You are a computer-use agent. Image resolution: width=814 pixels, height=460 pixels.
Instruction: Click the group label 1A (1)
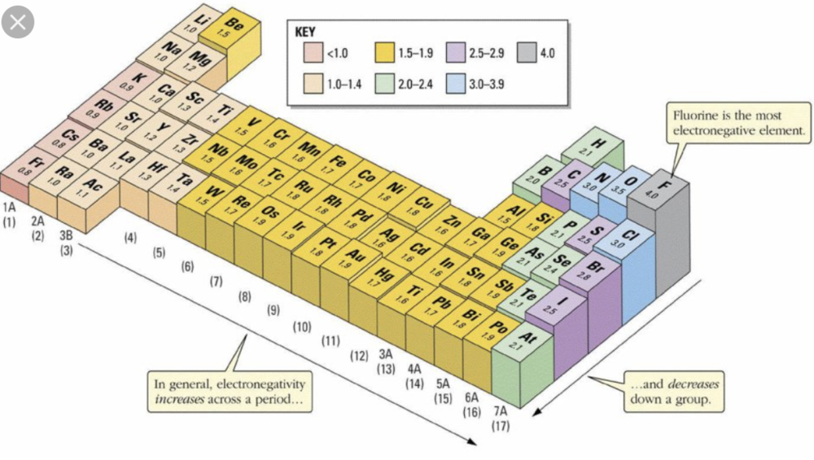click(x=11, y=214)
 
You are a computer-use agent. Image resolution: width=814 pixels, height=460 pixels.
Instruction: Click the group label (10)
click(x=302, y=326)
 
